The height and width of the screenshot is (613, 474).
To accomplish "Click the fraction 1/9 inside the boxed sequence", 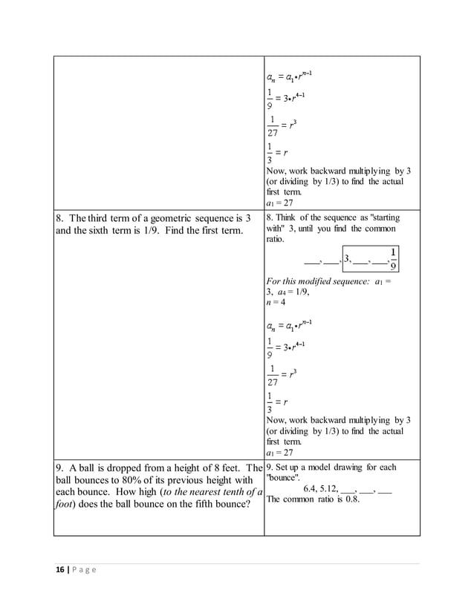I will pyautogui.click(x=393, y=258).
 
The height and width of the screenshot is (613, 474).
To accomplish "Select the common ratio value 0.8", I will pyautogui.click(x=351, y=499).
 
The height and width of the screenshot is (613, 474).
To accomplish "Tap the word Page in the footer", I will pyautogui.click(x=85, y=569).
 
